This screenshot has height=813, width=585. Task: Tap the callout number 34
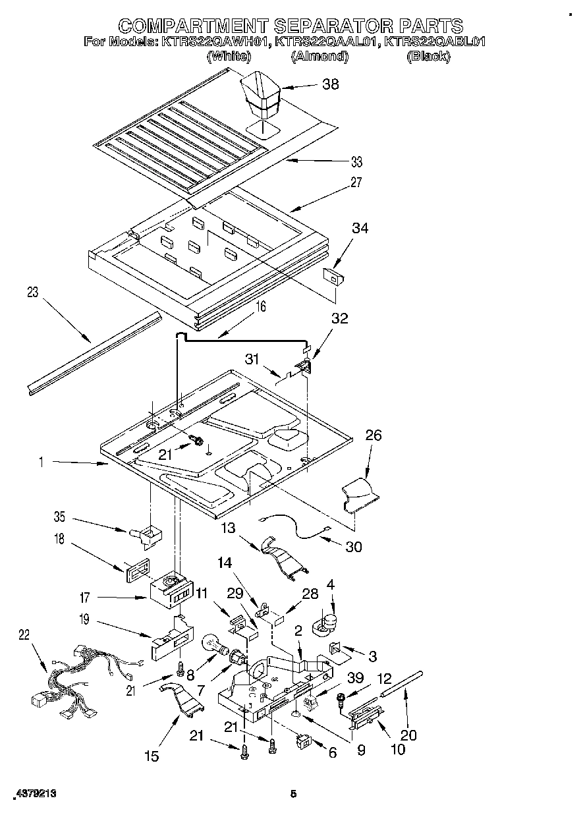click(x=360, y=229)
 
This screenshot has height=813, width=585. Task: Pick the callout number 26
click(x=373, y=435)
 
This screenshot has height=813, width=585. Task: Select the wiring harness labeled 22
click(x=72, y=679)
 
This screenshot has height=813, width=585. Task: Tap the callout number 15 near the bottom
click(x=152, y=756)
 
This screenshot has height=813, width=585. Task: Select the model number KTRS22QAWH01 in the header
click(x=215, y=41)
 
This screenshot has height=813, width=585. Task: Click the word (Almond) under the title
click(x=320, y=57)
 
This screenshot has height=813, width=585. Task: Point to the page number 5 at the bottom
click(x=293, y=795)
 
